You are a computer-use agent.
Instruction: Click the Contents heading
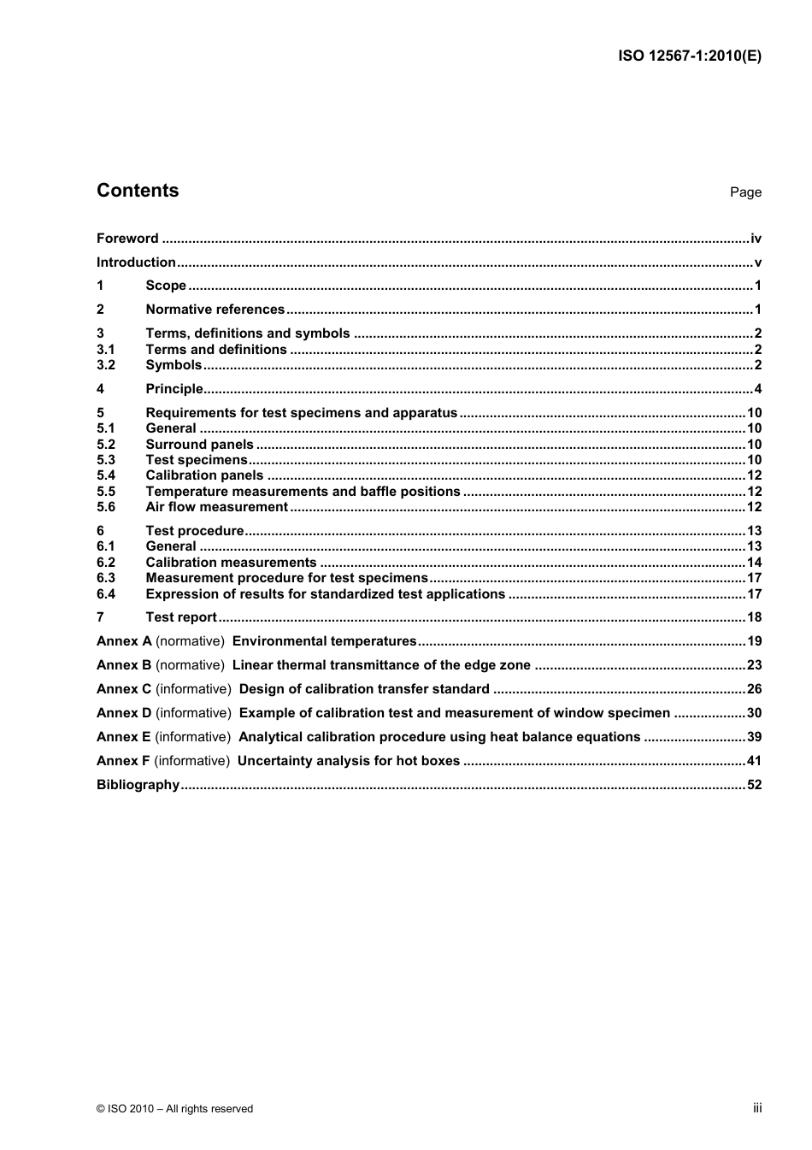[138, 191]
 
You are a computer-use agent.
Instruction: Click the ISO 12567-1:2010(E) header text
[689, 56]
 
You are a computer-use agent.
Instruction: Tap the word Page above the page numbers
[745, 192]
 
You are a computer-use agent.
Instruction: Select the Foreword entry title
[127, 239]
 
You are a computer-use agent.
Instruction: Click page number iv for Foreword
[756, 239]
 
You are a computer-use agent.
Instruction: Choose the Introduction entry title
[136, 262]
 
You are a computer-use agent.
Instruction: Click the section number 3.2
[105, 365]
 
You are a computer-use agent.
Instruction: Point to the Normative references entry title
[215, 310]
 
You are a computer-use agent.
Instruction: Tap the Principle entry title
[174, 389]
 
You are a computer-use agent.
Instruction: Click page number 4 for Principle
[757, 389]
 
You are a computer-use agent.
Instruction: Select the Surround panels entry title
[199, 445]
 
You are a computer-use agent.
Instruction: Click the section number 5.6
[105, 507]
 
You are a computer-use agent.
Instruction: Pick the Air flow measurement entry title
[216, 507]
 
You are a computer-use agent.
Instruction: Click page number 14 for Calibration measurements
[754, 563]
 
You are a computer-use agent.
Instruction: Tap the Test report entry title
[181, 617]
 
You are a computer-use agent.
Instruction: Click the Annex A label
[124, 641]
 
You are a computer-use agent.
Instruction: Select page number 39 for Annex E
[754, 737]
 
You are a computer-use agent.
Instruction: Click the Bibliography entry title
[138, 785]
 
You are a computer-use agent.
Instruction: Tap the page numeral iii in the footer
[757, 1108]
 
